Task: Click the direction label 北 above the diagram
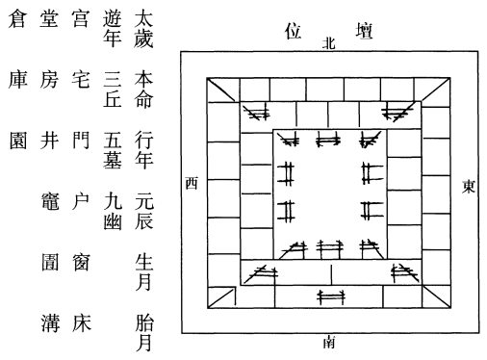329,43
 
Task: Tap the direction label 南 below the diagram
329,343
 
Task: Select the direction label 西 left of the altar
192,183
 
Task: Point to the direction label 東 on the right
468,186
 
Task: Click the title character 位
293,31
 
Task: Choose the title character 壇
364,31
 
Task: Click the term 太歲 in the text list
143,29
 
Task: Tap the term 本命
143,90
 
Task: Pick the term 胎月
144,333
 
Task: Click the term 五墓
113,150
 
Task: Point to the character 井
49,141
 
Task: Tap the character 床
81,323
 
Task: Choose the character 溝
50,323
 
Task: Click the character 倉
16,18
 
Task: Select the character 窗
80,262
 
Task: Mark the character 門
80,141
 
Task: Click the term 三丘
113,90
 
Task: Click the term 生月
143,272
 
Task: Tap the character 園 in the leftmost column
17,141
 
